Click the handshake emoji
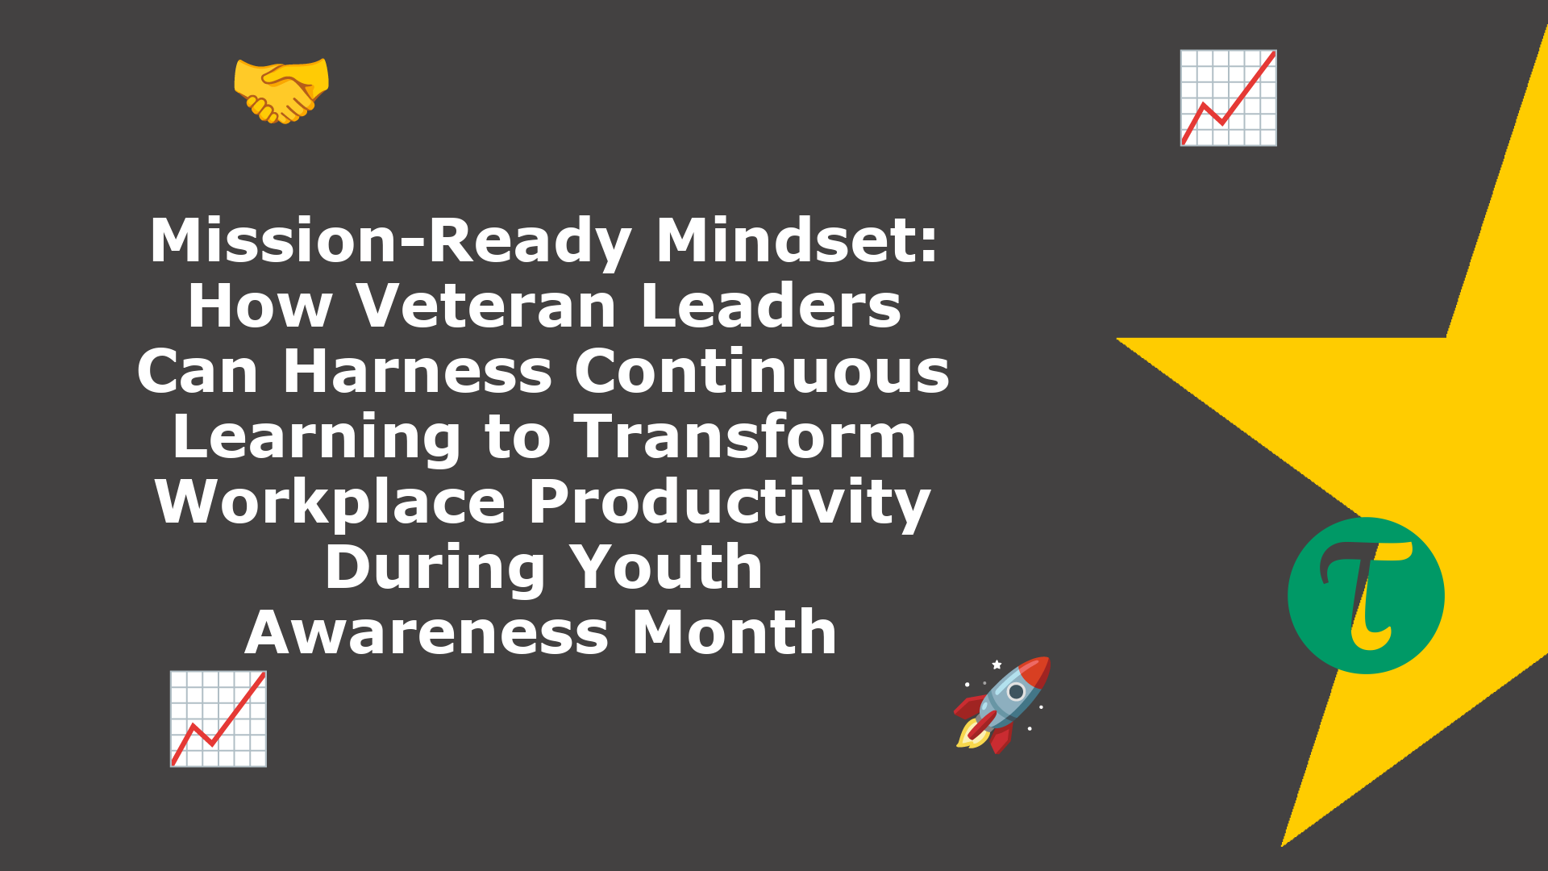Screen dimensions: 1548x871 click(281, 90)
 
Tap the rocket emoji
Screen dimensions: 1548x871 click(1003, 705)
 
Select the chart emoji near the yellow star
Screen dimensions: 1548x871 click(1228, 98)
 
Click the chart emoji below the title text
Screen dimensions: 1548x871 click(218, 719)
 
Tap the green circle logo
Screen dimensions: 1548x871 click(1366, 595)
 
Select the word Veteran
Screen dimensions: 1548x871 click(487, 306)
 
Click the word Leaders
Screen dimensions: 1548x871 click(772, 306)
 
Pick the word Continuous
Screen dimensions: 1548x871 click(762, 371)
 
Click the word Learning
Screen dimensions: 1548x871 click(317, 437)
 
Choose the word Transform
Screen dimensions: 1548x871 click(745, 436)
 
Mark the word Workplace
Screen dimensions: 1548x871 click(331, 502)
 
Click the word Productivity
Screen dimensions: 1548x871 click(730, 502)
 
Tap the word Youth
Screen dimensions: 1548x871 click(666, 567)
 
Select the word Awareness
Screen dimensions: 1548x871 click(427, 632)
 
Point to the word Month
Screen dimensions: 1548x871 click(734, 632)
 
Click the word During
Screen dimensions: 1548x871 click(435, 567)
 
